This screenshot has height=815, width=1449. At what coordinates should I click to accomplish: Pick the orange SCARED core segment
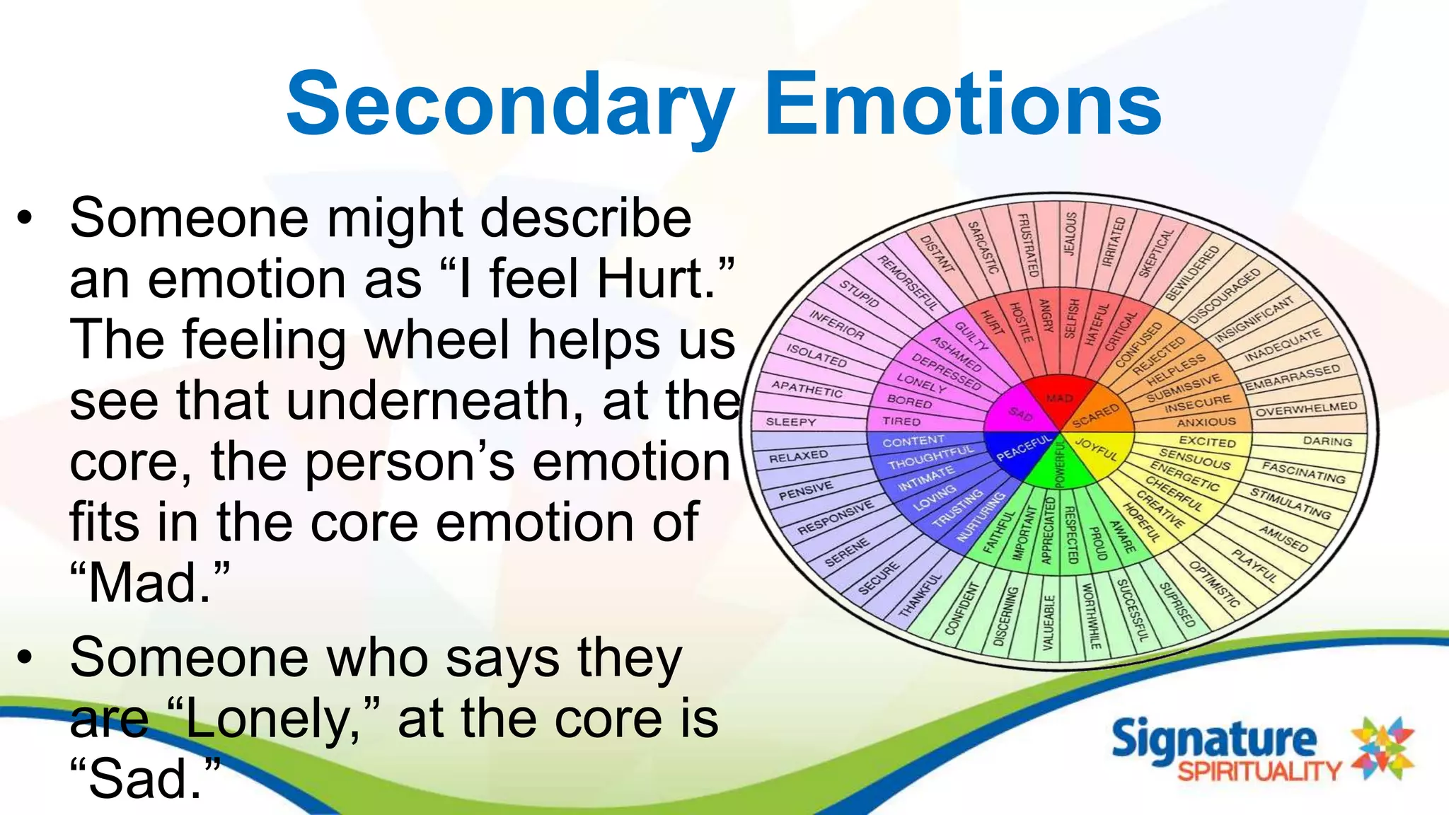pos(1096,415)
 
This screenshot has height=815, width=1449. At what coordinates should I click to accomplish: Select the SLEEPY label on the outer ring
pos(790,422)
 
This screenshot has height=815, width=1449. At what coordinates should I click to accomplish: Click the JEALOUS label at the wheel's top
pos(1070,233)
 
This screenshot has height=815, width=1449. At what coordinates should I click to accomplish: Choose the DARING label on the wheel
pos(1327,441)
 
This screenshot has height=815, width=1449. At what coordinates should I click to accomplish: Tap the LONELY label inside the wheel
pos(921,383)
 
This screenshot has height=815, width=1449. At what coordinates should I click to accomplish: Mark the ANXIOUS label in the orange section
pos(1206,422)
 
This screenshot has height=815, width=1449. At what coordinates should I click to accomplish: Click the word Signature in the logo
pos(1214,740)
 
